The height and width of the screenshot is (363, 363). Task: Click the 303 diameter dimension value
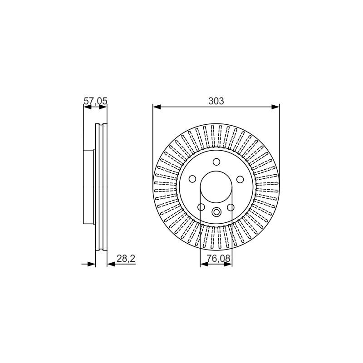click(216, 101)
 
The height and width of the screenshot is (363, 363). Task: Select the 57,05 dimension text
click(95, 101)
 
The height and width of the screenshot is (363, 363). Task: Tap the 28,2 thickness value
click(126, 258)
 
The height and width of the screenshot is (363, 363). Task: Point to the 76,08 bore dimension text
click(219, 258)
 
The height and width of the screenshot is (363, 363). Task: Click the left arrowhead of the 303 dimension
click(157, 107)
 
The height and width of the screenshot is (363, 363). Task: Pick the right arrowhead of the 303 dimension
click(275, 107)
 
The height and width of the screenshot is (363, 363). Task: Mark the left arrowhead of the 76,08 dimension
click(204, 264)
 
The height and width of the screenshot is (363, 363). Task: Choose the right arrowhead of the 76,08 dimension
click(228, 264)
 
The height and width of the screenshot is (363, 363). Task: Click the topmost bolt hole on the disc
click(216, 162)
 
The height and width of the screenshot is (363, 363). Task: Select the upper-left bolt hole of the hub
click(192, 179)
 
